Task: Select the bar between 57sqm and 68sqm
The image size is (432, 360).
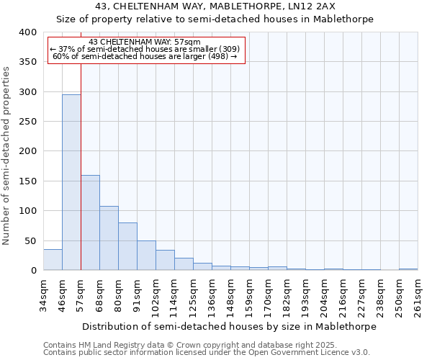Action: [90, 222]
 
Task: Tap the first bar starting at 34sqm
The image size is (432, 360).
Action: [53, 260]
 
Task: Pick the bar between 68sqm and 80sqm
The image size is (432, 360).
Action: [109, 238]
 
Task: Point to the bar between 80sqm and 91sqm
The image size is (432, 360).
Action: [127, 246]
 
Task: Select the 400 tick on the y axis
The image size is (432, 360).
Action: [27, 32]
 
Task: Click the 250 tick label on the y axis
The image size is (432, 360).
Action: [27, 122]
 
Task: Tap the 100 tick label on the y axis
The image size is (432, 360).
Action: [27, 211]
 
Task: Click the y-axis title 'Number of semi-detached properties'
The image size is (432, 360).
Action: [7, 155]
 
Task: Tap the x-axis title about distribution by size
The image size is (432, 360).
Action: [229, 326]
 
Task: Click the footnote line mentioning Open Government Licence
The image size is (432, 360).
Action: [206, 353]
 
